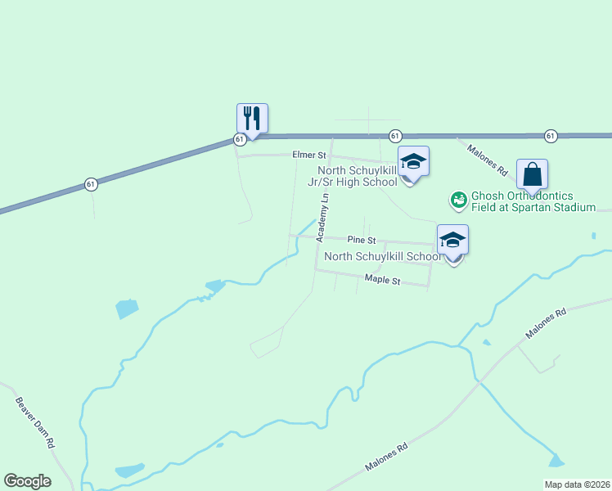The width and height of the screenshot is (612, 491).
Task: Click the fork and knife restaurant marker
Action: click(252, 119)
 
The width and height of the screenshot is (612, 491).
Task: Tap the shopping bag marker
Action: click(532, 174)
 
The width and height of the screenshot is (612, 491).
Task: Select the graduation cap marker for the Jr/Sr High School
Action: click(413, 161)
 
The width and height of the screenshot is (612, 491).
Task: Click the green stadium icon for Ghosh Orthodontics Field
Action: click(458, 199)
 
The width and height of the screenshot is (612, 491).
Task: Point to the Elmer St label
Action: click(310, 155)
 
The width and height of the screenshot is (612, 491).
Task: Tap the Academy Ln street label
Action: click(324, 218)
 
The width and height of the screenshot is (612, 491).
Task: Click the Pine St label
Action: click(361, 241)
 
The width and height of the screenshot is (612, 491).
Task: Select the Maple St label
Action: click(382, 281)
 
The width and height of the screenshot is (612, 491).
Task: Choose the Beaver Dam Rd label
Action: click(34, 422)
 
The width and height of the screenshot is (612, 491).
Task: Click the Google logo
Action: click(27, 481)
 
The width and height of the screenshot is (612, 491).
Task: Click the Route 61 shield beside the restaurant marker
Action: click(239, 140)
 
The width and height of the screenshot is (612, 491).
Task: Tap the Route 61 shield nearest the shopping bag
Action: click(550, 135)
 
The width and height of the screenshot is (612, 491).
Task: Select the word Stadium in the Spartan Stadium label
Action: click(572, 208)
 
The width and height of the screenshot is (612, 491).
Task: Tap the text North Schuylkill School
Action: click(383, 257)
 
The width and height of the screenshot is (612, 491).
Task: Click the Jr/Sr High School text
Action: click(357, 182)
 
